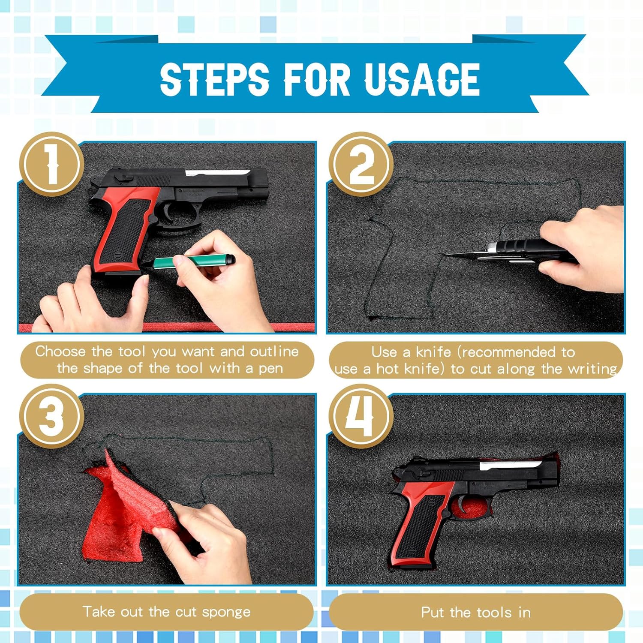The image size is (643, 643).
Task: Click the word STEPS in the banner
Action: [x=214, y=79]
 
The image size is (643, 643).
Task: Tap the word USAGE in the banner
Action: [x=422, y=79]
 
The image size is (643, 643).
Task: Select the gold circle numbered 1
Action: [x=52, y=164]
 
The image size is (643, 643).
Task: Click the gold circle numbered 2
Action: [x=361, y=164]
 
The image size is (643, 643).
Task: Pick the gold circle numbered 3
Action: [x=52, y=416]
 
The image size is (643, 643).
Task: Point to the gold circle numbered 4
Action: [x=361, y=416]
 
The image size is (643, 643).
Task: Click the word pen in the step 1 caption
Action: [x=270, y=369]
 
